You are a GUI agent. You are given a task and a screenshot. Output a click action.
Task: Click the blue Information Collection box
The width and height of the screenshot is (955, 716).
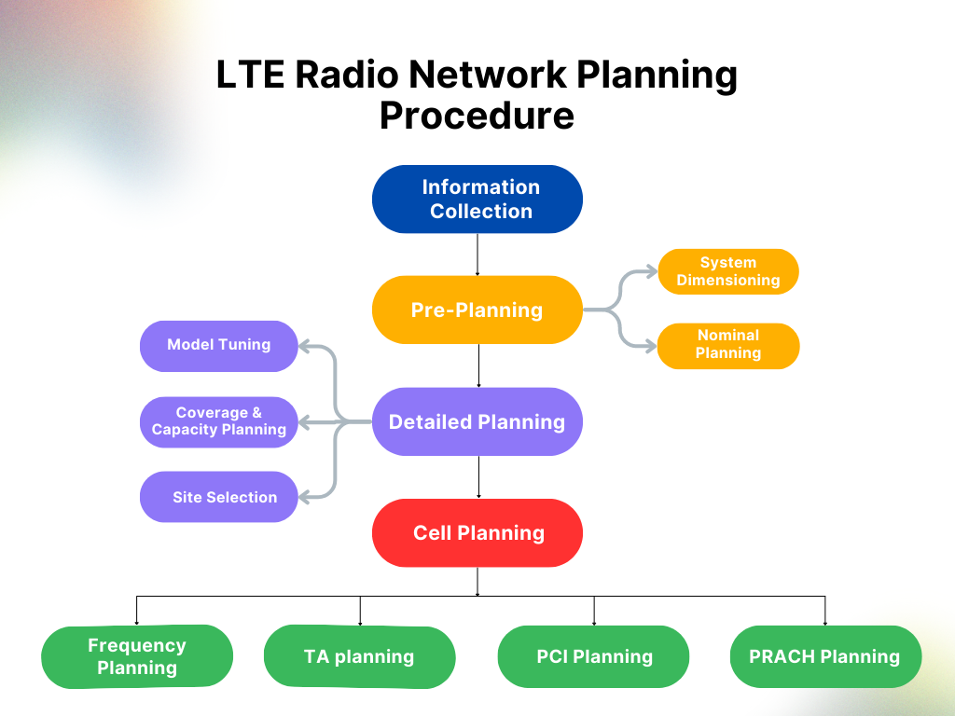[x=477, y=200]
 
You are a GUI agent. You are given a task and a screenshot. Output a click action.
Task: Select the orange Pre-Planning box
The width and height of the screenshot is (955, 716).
[x=477, y=310]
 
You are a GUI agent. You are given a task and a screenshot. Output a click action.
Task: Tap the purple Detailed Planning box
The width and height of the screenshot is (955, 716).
[x=477, y=421]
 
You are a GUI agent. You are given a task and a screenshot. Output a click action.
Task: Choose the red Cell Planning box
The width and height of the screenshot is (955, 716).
[x=477, y=532]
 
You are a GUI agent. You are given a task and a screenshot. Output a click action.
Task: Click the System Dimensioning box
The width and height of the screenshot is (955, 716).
[x=728, y=271]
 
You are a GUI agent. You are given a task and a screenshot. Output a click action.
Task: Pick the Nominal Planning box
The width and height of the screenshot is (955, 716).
[x=728, y=345]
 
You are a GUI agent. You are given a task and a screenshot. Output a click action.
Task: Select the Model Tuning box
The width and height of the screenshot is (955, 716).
[x=219, y=345]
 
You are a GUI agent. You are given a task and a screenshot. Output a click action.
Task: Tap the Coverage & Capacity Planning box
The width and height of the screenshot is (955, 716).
[x=219, y=421]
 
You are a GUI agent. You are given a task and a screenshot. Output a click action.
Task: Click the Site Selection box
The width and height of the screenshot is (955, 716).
[x=219, y=497]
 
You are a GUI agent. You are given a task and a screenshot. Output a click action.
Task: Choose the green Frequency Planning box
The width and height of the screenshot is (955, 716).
[x=137, y=656]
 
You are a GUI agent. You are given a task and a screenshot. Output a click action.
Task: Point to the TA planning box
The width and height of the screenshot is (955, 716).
[x=359, y=656]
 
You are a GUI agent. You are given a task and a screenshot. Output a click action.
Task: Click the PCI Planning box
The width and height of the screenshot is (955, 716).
[x=593, y=656]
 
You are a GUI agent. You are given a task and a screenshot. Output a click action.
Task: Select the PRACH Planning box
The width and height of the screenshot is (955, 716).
[x=824, y=656]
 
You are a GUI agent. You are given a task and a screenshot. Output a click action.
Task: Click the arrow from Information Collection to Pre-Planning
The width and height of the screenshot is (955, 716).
[x=477, y=254]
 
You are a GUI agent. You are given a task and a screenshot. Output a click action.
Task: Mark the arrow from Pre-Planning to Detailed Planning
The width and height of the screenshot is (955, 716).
[x=478, y=365]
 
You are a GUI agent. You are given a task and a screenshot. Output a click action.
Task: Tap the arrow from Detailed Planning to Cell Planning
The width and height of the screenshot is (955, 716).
[x=478, y=476]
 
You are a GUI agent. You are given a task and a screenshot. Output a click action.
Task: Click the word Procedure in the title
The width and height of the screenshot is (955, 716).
[x=477, y=116]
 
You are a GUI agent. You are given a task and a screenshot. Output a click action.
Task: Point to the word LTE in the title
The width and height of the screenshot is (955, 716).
[x=250, y=75]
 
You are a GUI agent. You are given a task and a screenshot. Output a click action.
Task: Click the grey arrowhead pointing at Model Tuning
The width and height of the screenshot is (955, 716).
[x=305, y=346]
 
